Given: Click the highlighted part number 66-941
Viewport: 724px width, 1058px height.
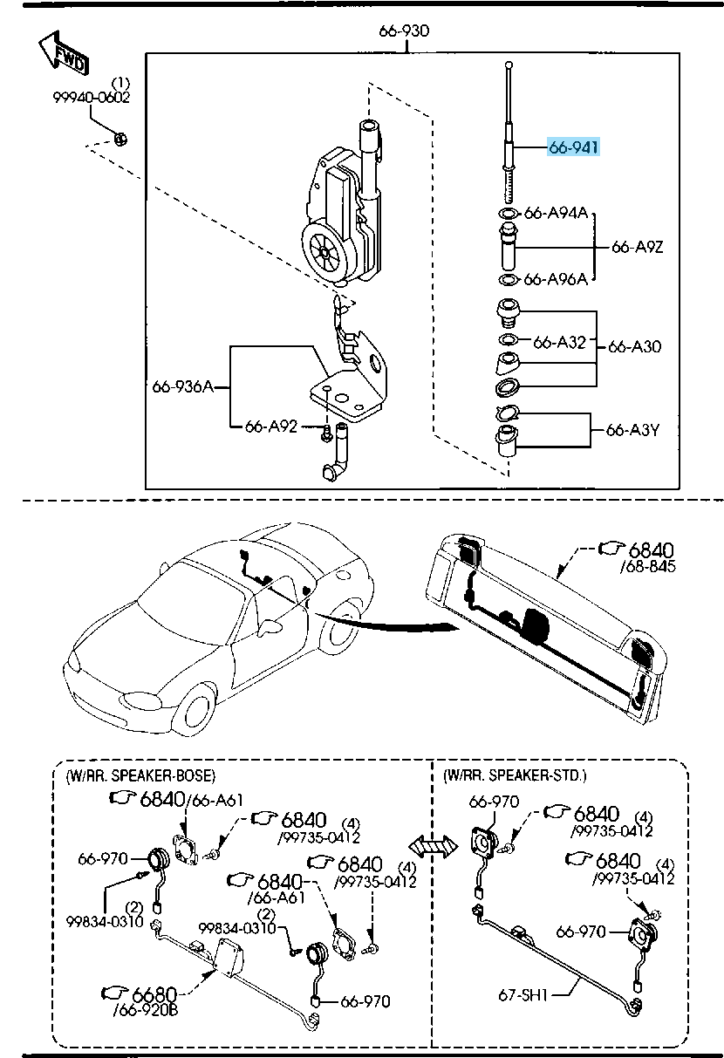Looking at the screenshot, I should pos(574,148).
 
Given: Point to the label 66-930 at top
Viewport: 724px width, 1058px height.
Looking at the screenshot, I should pos(404,31).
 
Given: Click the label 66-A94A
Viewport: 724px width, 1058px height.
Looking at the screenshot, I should pos(556,214).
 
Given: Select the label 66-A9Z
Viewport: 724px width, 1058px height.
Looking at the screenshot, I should pos(638,247).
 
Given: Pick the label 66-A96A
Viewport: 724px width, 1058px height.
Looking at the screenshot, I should pos(556,279).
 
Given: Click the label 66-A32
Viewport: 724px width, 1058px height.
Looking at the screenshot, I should pos(560,342).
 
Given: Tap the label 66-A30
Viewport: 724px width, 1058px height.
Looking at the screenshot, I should pos(634,346).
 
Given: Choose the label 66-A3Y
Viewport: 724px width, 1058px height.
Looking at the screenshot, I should pos(634,430).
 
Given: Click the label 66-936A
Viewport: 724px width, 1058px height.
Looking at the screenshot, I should pos(182,386).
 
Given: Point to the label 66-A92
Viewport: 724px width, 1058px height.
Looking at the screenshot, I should pos(271,427).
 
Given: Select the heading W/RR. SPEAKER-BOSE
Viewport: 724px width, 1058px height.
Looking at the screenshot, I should pos(140,775).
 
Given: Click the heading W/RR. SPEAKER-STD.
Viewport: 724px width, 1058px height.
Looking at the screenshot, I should pos(515,775).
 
